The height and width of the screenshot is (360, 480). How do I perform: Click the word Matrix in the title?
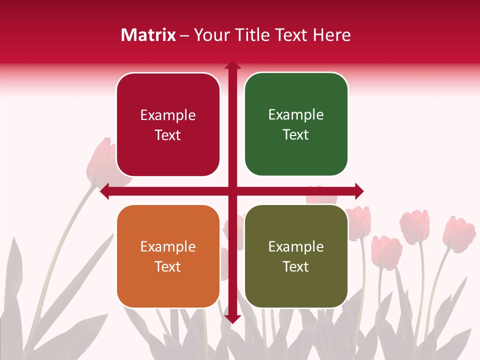click(148, 35)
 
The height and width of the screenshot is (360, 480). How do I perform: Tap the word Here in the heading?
click(331, 35)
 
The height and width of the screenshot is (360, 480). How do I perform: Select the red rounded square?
click(168, 125)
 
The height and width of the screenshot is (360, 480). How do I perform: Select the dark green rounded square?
click(296, 124)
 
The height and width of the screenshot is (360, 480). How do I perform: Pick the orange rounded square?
click(168, 256)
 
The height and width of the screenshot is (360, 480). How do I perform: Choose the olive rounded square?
click(296, 256)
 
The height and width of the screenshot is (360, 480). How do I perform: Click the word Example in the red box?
click(168, 115)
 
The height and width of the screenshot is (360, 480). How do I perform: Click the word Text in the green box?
click(296, 134)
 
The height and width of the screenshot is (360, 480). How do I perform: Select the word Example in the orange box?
click(168, 247)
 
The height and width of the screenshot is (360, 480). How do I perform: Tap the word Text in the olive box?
click(296, 266)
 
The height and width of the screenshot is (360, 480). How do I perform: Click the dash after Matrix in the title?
click(184, 35)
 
